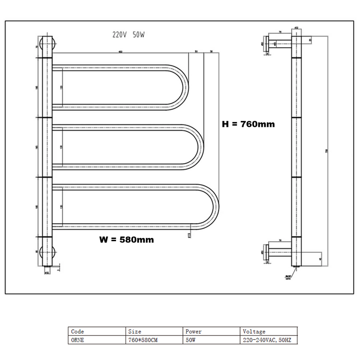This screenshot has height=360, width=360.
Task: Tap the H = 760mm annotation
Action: [248, 124]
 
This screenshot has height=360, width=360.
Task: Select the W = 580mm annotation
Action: [126, 240]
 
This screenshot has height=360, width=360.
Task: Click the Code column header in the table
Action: [78, 332]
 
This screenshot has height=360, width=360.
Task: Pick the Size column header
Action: [135, 332]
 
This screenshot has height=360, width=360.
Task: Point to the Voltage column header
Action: [254, 332]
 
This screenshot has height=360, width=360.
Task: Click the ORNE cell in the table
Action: [78, 340]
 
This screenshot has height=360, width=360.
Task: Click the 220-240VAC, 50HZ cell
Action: [267, 340]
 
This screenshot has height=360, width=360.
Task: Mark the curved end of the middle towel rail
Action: [198, 147]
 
